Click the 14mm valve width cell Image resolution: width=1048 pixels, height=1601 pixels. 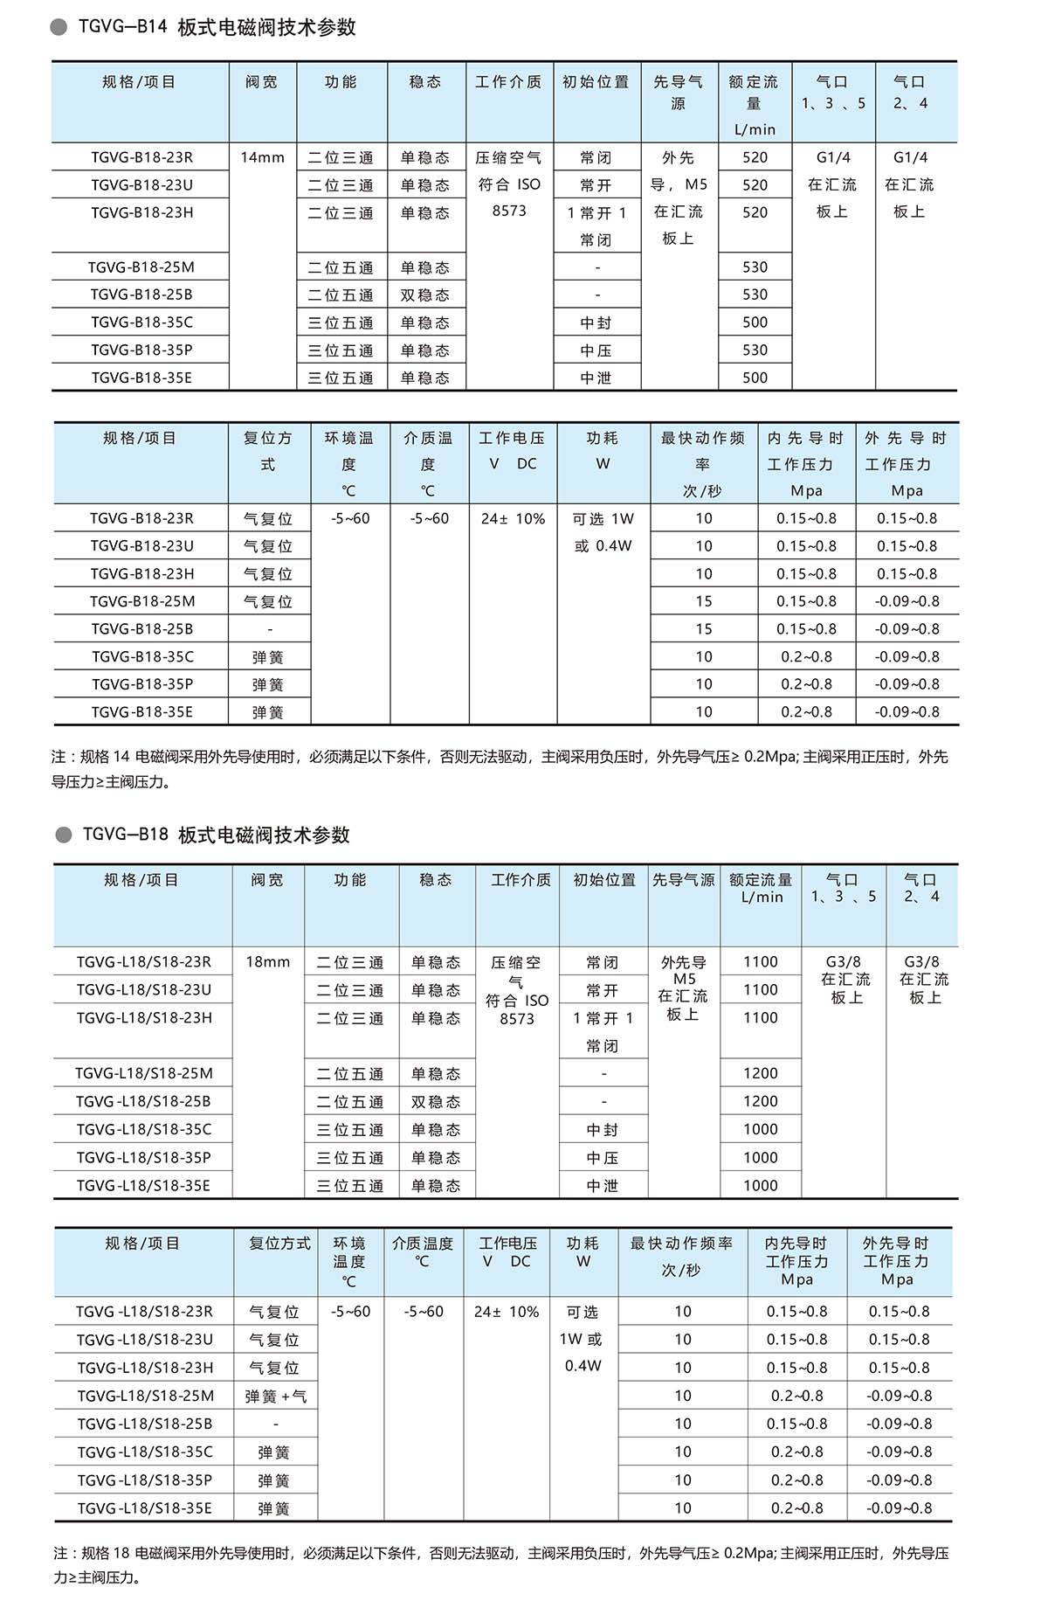pos(262,158)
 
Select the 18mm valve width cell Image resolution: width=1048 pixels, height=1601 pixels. pos(267,962)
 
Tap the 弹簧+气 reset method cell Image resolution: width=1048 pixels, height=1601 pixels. pos(275,1397)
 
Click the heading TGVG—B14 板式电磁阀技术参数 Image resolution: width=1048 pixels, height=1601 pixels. pos(217,28)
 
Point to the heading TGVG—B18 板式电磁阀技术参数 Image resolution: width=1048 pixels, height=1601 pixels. pos(216,835)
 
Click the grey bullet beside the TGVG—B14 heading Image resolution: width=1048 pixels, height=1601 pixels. pos(59,28)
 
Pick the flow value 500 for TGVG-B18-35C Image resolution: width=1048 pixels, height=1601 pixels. pos(755,322)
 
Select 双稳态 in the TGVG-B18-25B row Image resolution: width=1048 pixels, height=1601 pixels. pos(425,295)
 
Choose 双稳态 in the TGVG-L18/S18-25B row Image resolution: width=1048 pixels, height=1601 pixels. pos(436,1102)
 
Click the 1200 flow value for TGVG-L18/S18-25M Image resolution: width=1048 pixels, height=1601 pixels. pos(760,1074)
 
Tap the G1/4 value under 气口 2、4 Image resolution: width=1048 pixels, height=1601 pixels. pos(910,158)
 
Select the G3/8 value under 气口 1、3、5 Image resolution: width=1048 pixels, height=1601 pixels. pos(843,962)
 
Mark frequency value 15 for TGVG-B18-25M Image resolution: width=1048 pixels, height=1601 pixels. pos(704,601)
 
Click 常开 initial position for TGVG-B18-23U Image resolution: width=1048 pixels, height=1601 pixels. pos(596,185)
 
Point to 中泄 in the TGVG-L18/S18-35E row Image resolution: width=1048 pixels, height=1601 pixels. pos(603,1186)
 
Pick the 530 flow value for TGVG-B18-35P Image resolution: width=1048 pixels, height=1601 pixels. pos(755,350)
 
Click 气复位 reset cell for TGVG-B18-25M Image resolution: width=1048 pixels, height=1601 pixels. pos(267,601)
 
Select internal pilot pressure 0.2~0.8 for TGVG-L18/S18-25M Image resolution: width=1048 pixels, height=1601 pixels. pos(796,1397)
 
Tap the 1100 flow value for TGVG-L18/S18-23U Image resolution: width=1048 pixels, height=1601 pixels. pos(760,990)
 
